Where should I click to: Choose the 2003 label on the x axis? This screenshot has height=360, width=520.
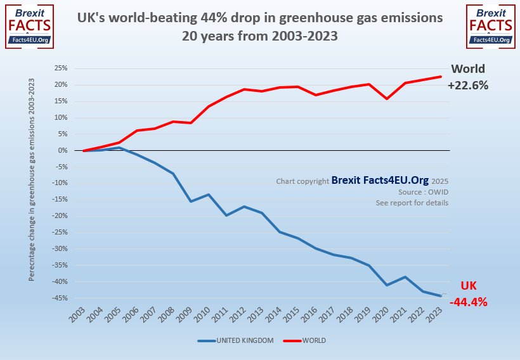78,312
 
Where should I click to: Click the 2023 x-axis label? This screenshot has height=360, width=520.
435,312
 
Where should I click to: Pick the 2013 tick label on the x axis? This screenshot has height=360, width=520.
256,312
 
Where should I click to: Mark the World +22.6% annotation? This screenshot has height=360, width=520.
468,77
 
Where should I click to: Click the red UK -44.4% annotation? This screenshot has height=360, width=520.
468,294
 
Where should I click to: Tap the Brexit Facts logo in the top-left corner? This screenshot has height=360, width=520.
29,25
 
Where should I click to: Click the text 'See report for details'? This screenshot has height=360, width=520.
412,203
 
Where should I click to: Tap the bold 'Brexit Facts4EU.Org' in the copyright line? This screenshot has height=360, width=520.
380,181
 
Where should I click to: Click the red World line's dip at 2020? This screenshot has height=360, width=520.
387,98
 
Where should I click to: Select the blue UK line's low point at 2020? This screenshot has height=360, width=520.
387,285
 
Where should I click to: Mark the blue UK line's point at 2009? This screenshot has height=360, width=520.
191,202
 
